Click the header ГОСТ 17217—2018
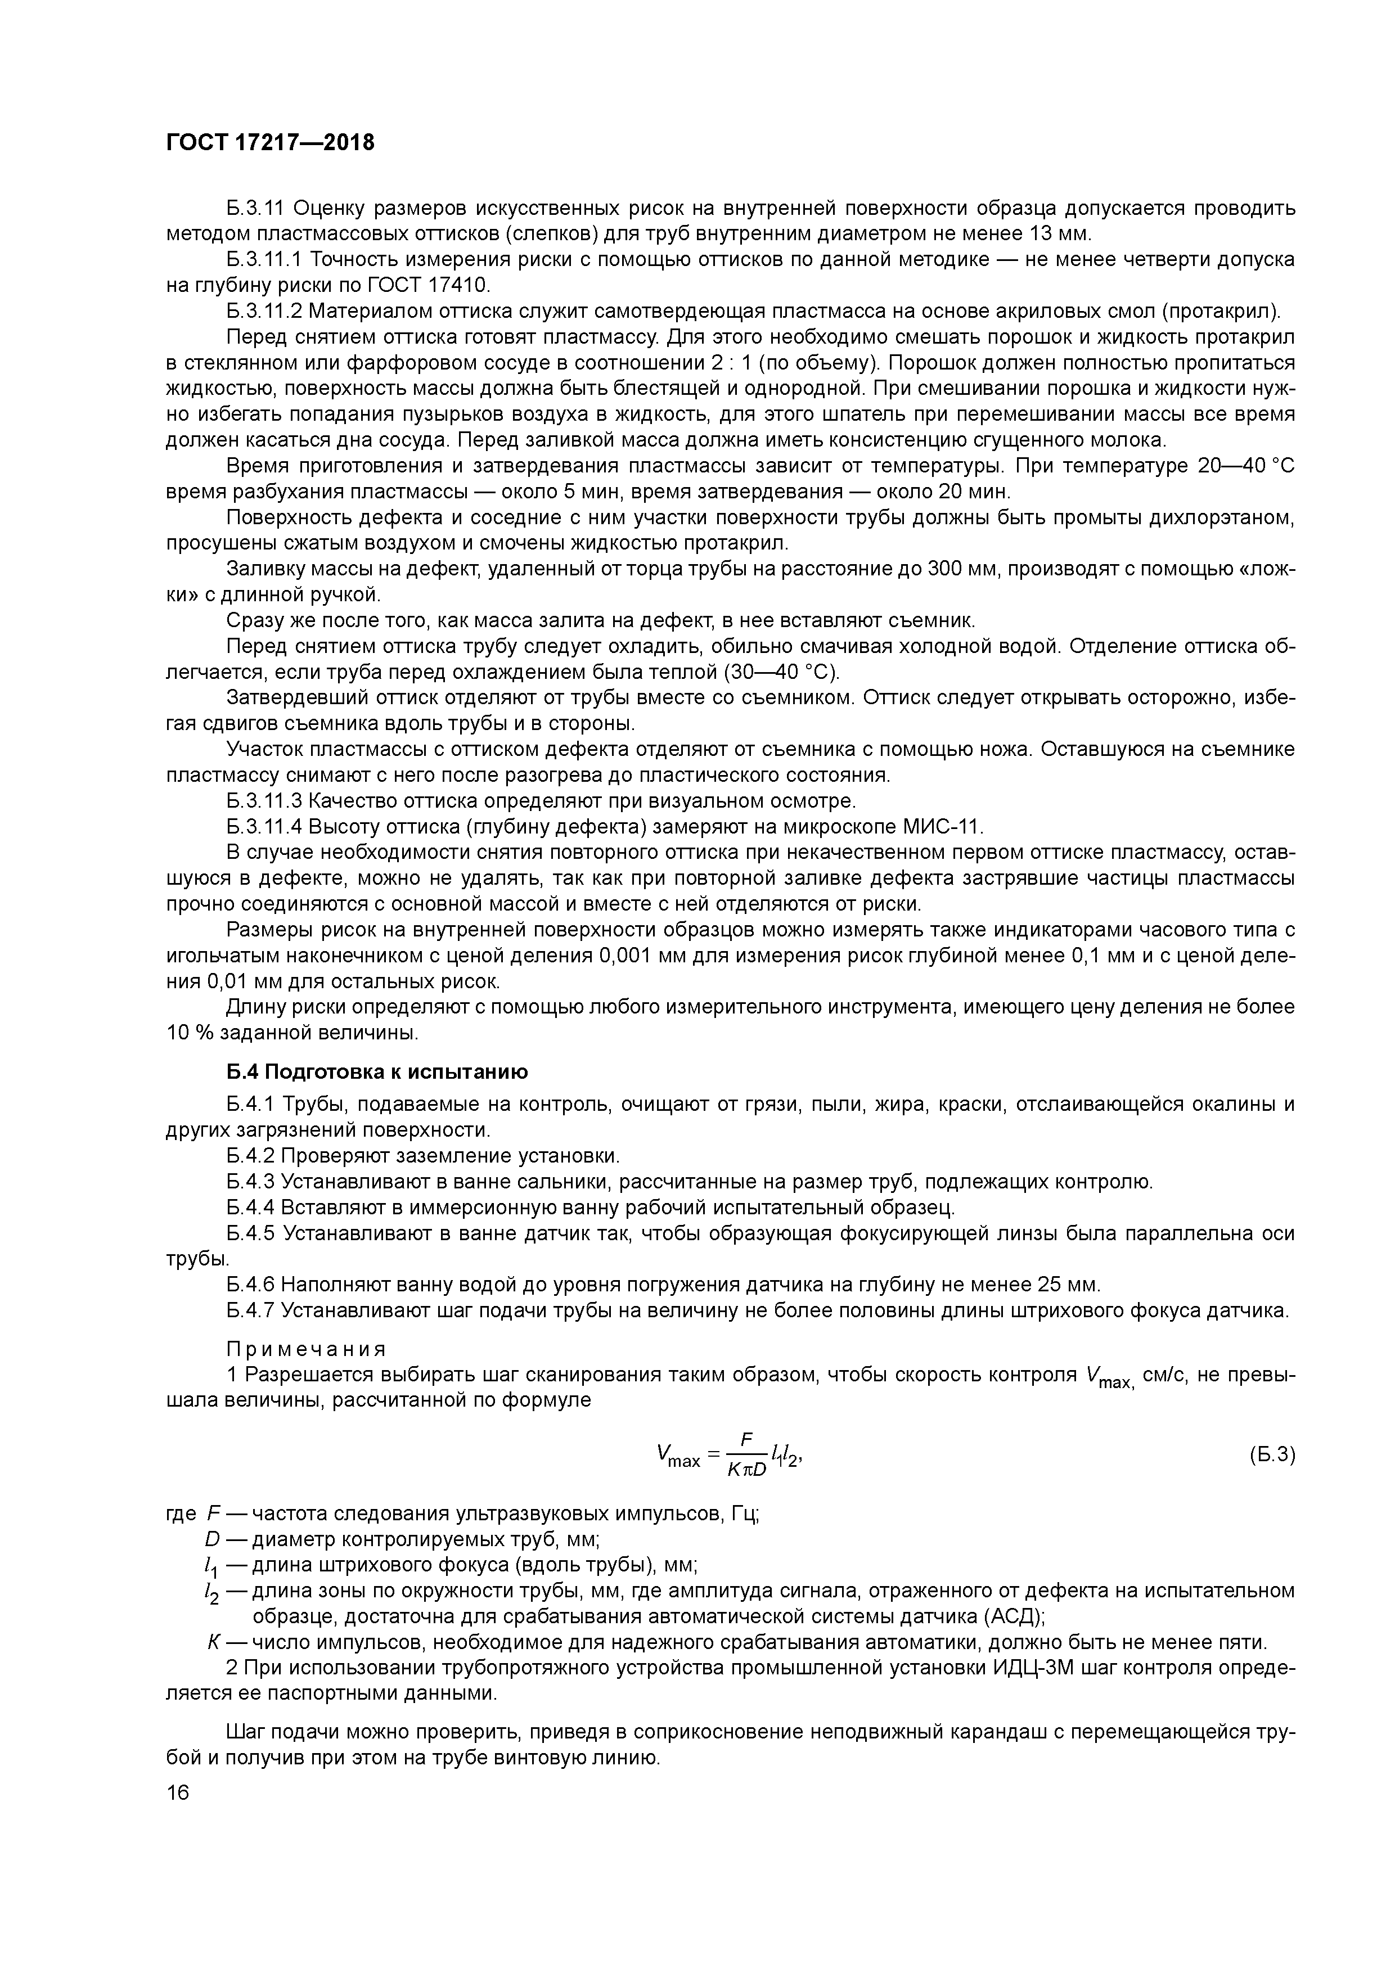tap(270, 143)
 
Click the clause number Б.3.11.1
tap(264, 259)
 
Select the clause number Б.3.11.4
tap(264, 827)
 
